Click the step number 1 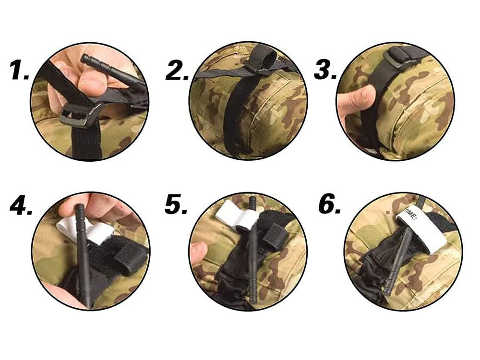(19, 71)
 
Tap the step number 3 (325, 71)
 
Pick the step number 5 (176, 205)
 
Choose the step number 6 (330, 205)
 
